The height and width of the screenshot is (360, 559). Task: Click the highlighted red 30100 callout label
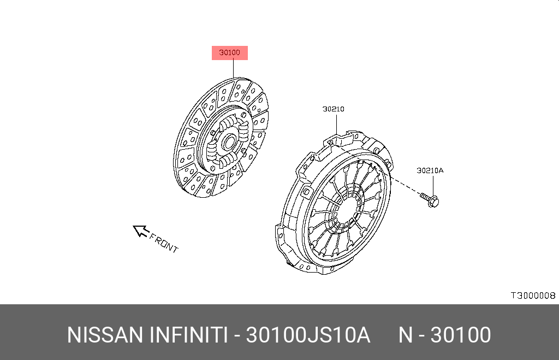[x=230, y=53]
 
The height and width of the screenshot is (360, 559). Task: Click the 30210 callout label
[x=333, y=109]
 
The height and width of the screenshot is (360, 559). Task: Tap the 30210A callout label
[x=430, y=170]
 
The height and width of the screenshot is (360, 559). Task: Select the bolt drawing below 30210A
[x=430, y=199]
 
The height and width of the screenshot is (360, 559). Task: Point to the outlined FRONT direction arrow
[x=141, y=232]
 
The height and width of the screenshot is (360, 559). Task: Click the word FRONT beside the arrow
[x=164, y=244]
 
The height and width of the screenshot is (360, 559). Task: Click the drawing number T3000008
[x=532, y=296]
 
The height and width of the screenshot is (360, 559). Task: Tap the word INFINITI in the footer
[x=188, y=335]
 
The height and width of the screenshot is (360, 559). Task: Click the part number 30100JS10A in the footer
[x=308, y=335]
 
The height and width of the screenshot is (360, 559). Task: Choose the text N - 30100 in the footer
[x=444, y=335]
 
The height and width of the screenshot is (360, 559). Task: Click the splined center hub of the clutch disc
[x=226, y=143]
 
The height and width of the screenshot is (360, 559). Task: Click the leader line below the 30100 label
[x=233, y=68]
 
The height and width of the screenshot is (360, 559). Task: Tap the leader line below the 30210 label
[x=337, y=123]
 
